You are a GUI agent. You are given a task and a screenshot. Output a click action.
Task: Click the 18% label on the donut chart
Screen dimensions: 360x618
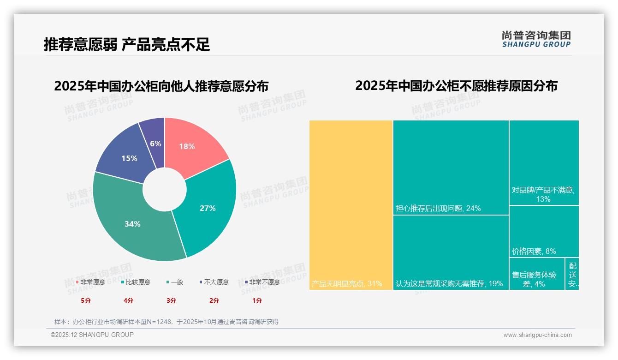(x=187, y=146)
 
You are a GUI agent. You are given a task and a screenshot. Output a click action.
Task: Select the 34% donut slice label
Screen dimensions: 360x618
(x=132, y=224)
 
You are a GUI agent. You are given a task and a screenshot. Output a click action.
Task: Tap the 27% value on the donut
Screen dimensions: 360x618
(x=208, y=208)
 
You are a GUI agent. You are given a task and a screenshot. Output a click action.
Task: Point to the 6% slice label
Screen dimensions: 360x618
(x=155, y=144)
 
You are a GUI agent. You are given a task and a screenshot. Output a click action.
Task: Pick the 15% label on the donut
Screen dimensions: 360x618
(x=129, y=158)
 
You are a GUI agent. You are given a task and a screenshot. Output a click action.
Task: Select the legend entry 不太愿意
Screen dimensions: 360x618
(x=216, y=282)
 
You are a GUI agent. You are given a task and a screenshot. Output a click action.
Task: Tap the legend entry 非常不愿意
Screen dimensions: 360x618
(x=264, y=282)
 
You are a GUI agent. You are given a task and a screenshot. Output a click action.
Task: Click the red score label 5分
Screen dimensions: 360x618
(x=85, y=300)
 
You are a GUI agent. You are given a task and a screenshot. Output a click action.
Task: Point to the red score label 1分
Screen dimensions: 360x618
(x=257, y=300)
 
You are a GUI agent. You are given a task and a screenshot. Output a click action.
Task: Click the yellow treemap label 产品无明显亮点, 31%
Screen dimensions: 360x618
(x=347, y=283)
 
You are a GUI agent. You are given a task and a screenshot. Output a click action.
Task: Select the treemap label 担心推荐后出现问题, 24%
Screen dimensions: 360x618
(x=438, y=208)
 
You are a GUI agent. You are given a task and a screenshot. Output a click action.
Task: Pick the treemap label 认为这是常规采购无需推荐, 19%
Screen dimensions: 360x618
(x=449, y=283)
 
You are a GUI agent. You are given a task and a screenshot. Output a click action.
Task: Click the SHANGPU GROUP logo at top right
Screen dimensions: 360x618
(x=536, y=39)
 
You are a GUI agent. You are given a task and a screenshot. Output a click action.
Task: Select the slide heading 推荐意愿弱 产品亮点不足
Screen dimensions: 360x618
(x=127, y=44)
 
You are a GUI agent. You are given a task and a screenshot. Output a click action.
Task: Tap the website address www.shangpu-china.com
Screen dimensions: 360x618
(x=537, y=335)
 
